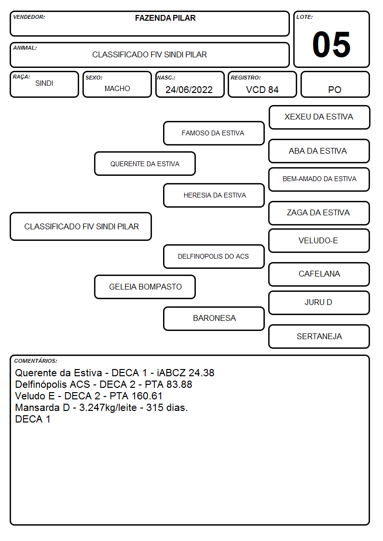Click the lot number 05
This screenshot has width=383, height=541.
pyautogui.click(x=331, y=44)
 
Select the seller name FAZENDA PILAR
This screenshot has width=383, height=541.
pyautogui.click(x=165, y=18)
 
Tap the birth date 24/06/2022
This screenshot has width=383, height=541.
pyautogui.click(x=189, y=90)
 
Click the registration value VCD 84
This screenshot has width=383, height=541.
pyautogui.click(x=262, y=90)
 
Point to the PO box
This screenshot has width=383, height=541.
pyautogui.click(x=335, y=84)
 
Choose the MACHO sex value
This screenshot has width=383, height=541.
pyautogui.click(x=117, y=89)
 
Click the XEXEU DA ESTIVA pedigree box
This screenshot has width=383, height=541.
pyautogui.click(x=319, y=118)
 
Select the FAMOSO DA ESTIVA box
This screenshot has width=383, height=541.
pyautogui.click(x=214, y=133)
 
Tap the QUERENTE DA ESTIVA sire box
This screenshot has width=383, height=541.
pyautogui.click(x=145, y=163)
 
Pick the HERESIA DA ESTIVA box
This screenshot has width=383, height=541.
pyautogui.click(x=214, y=195)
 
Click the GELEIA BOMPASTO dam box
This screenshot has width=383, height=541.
pyautogui.click(x=145, y=287)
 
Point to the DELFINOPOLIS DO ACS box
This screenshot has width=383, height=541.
pyautogui.click(x=214, y=256)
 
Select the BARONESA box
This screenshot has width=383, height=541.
pyautogui.click(x=214, y=318)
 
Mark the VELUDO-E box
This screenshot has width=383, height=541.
pyautogui.click(x=319, y=240)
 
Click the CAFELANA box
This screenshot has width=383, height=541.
pyautogui.click(x=319, y=274)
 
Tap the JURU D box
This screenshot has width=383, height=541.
pyautogui.click(x=319, y=303)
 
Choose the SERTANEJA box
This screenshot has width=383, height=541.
pyautogui.click(x=319, y=336)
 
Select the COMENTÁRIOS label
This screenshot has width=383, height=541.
pyautogui.click(x=36, y=361)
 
